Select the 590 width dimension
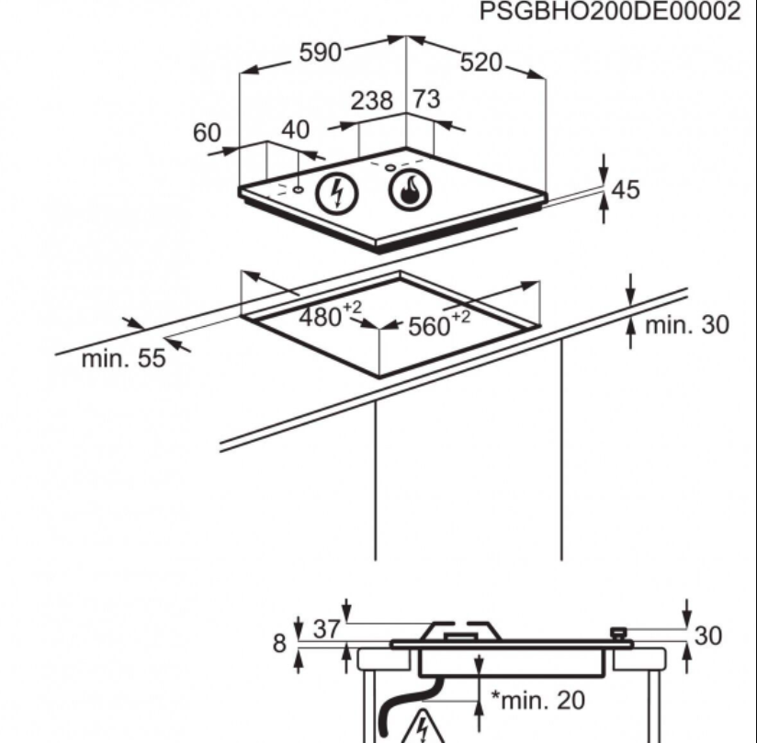tap(321, 52)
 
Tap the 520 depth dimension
tap(482, 62)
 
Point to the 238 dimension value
tap(372, 100)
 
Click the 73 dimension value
tap(427, 99)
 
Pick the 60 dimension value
tap(207, 133)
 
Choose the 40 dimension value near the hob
tap(295, 129)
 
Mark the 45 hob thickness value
tap(626, 190)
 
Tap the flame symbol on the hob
tap(410, 190)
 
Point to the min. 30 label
tap(687, 324)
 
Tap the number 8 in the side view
tap(278, 642)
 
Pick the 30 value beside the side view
tap(708, 636)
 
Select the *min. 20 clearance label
tap(537, 700)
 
